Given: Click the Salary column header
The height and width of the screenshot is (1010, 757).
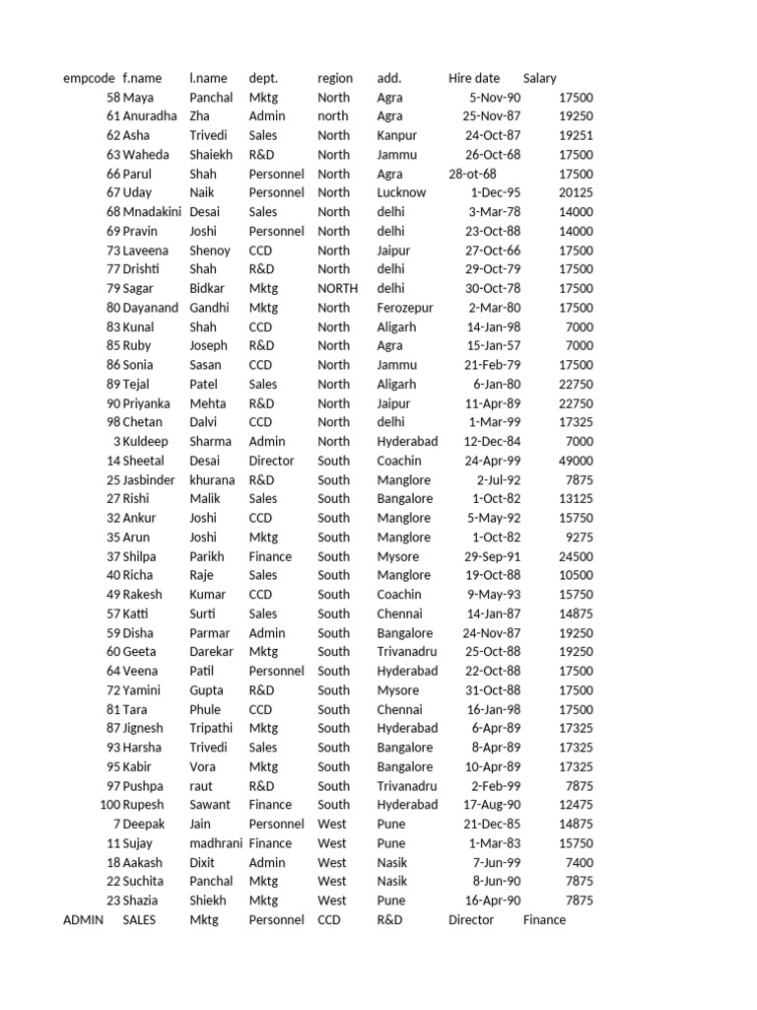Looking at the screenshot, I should (540, 78).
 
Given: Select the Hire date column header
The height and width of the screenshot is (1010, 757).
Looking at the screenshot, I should (474, 78).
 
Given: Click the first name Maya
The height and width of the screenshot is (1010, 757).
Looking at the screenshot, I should (138, 98).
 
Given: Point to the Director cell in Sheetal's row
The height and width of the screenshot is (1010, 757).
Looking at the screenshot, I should (271, 461).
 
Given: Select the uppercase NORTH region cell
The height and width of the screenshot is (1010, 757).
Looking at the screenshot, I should (338, 289).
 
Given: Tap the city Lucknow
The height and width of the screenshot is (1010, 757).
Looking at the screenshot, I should (401, 193).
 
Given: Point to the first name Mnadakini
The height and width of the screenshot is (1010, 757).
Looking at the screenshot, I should (153, 212).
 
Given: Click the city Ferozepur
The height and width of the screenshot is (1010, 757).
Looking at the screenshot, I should (405, 308).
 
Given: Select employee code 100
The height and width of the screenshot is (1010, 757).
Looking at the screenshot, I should (110, 805).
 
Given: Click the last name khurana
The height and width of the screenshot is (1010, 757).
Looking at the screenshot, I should (212, 480).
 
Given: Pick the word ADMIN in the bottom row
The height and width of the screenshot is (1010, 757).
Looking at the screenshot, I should (83, 920).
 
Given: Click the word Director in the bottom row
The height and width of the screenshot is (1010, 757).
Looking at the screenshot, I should (471, 920).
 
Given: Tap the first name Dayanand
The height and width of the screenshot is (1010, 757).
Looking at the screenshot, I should (151, 308).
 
